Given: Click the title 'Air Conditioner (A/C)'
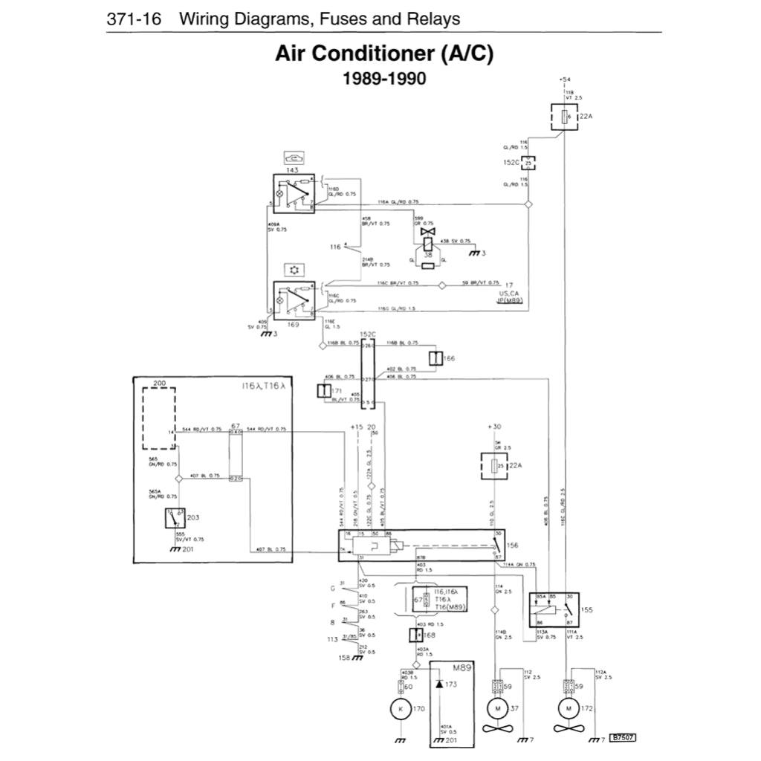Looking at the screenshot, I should click(x=384, y=54).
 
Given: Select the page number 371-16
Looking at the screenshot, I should click(x=134, y=19).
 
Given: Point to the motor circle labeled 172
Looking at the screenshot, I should click(x=569, y=709).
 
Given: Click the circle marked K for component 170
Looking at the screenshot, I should click(x=401, y=709).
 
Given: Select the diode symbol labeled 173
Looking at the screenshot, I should click(x=439, y=684).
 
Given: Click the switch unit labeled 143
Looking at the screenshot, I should click(x=294, y=193).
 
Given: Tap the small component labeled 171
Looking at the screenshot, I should click(x=324, y=391).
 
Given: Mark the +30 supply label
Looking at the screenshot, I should click(x=495, y=427).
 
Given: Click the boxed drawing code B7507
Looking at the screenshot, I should click(x=624, y=738).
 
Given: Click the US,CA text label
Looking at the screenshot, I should click(x=510, y=294).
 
